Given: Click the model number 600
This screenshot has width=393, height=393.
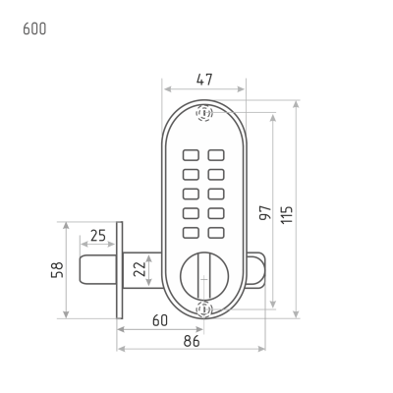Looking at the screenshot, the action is [x=34, y=28].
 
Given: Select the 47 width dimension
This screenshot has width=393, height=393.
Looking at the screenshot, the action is [x=204, y=80].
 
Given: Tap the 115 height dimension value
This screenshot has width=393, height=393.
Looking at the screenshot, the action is [x=287, y=214].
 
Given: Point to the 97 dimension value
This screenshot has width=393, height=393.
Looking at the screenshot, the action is [x=265, y=212].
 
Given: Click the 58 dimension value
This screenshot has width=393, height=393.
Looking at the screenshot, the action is [x=57, y=270].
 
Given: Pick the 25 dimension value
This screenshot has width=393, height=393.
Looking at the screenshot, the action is [x=98, y=235].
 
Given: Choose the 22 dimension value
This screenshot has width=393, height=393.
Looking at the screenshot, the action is [x=140, y=269].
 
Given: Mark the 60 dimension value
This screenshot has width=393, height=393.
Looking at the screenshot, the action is [x=160, y=320].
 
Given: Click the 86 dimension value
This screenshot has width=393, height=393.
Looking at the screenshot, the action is [x=192, y=341].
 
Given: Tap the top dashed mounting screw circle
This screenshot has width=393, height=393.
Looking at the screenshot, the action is [x=204, y=113].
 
